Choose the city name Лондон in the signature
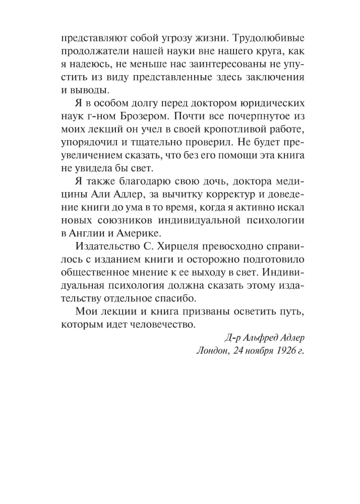[213, 350]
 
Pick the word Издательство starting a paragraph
[105, 245]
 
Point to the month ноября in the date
[260, 350]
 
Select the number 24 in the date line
[238, 350]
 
